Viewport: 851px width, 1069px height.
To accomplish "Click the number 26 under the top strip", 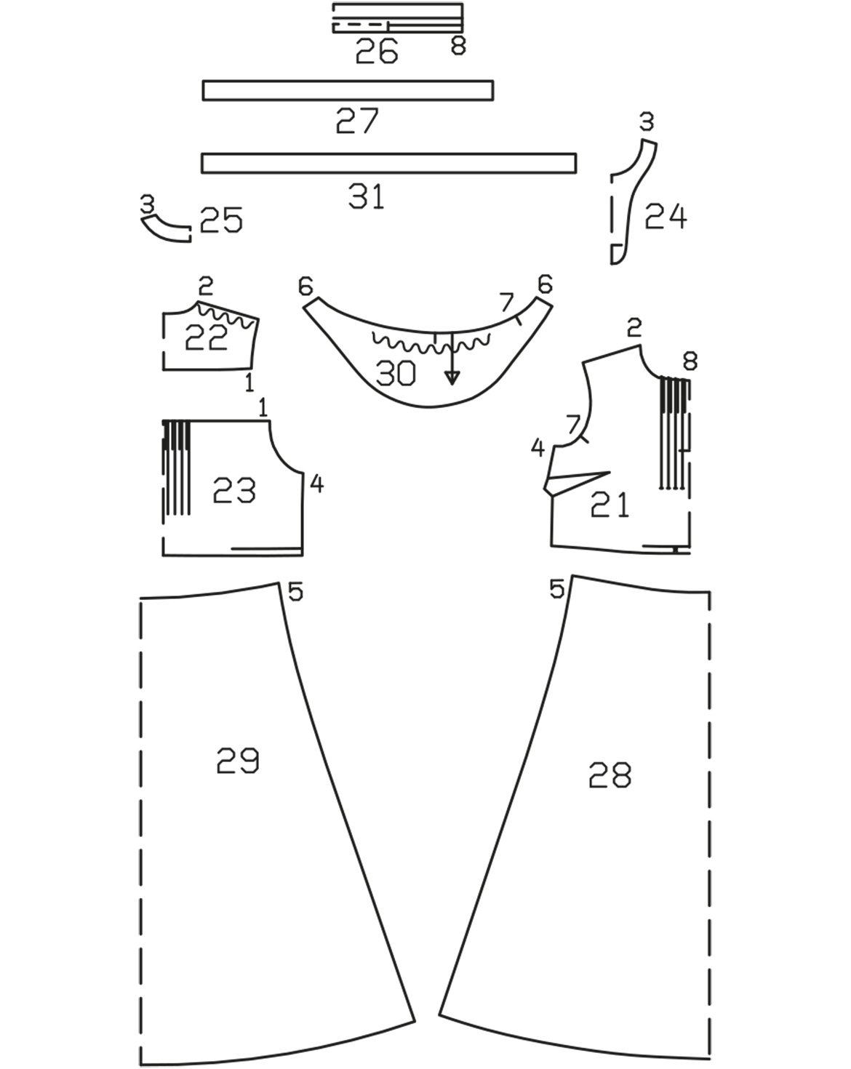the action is pos(377,51).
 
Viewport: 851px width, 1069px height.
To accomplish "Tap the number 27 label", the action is pos(357,121).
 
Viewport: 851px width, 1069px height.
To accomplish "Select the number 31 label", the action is pos(366,196).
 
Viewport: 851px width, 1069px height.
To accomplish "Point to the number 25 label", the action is pos(221,220).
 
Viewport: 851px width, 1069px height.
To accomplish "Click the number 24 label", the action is pos(666,217).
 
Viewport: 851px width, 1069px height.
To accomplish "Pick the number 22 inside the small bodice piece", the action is pos(206,337).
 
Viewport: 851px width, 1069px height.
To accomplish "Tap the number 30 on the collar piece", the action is pos(396,373).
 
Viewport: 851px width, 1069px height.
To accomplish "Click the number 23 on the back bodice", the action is pos(234,490).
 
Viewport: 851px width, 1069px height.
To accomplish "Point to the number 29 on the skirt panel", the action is pos(237,761).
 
